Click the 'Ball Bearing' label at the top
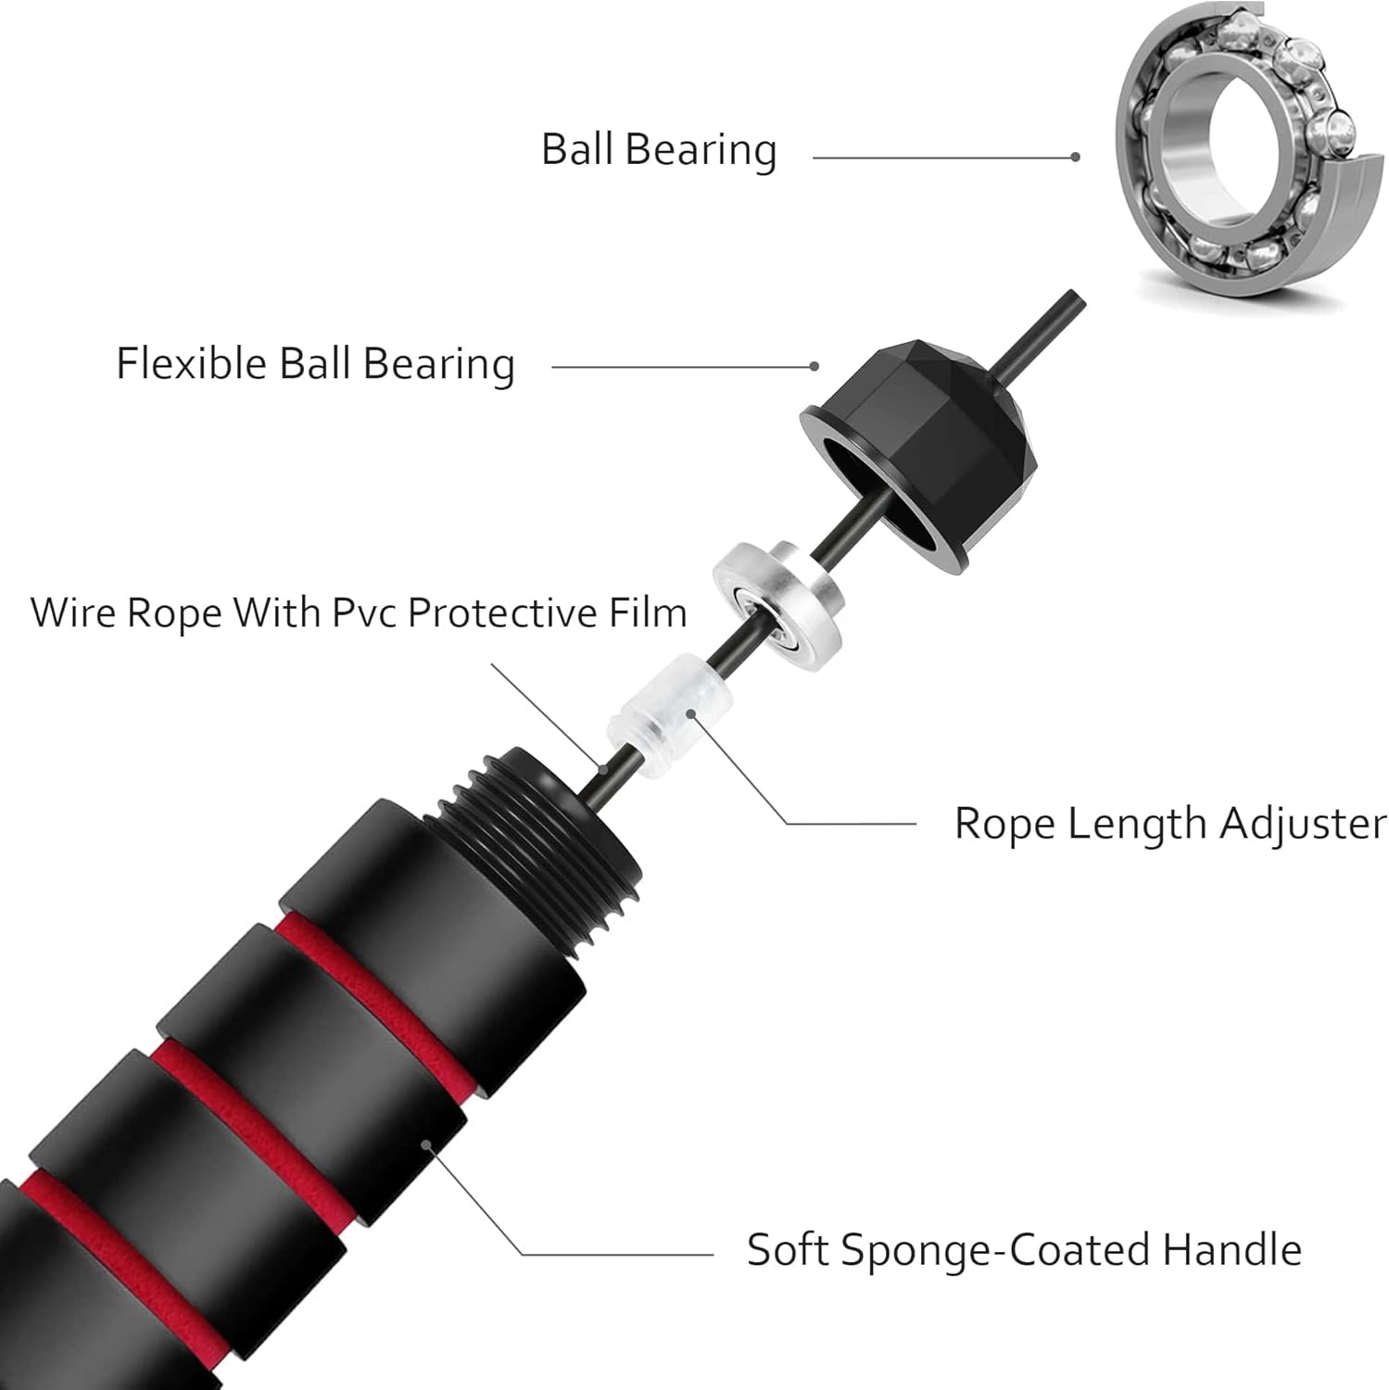658,150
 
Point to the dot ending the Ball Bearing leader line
1075,158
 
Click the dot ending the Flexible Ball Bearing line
814,366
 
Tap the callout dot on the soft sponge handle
427,1144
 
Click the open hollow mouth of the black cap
866,473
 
